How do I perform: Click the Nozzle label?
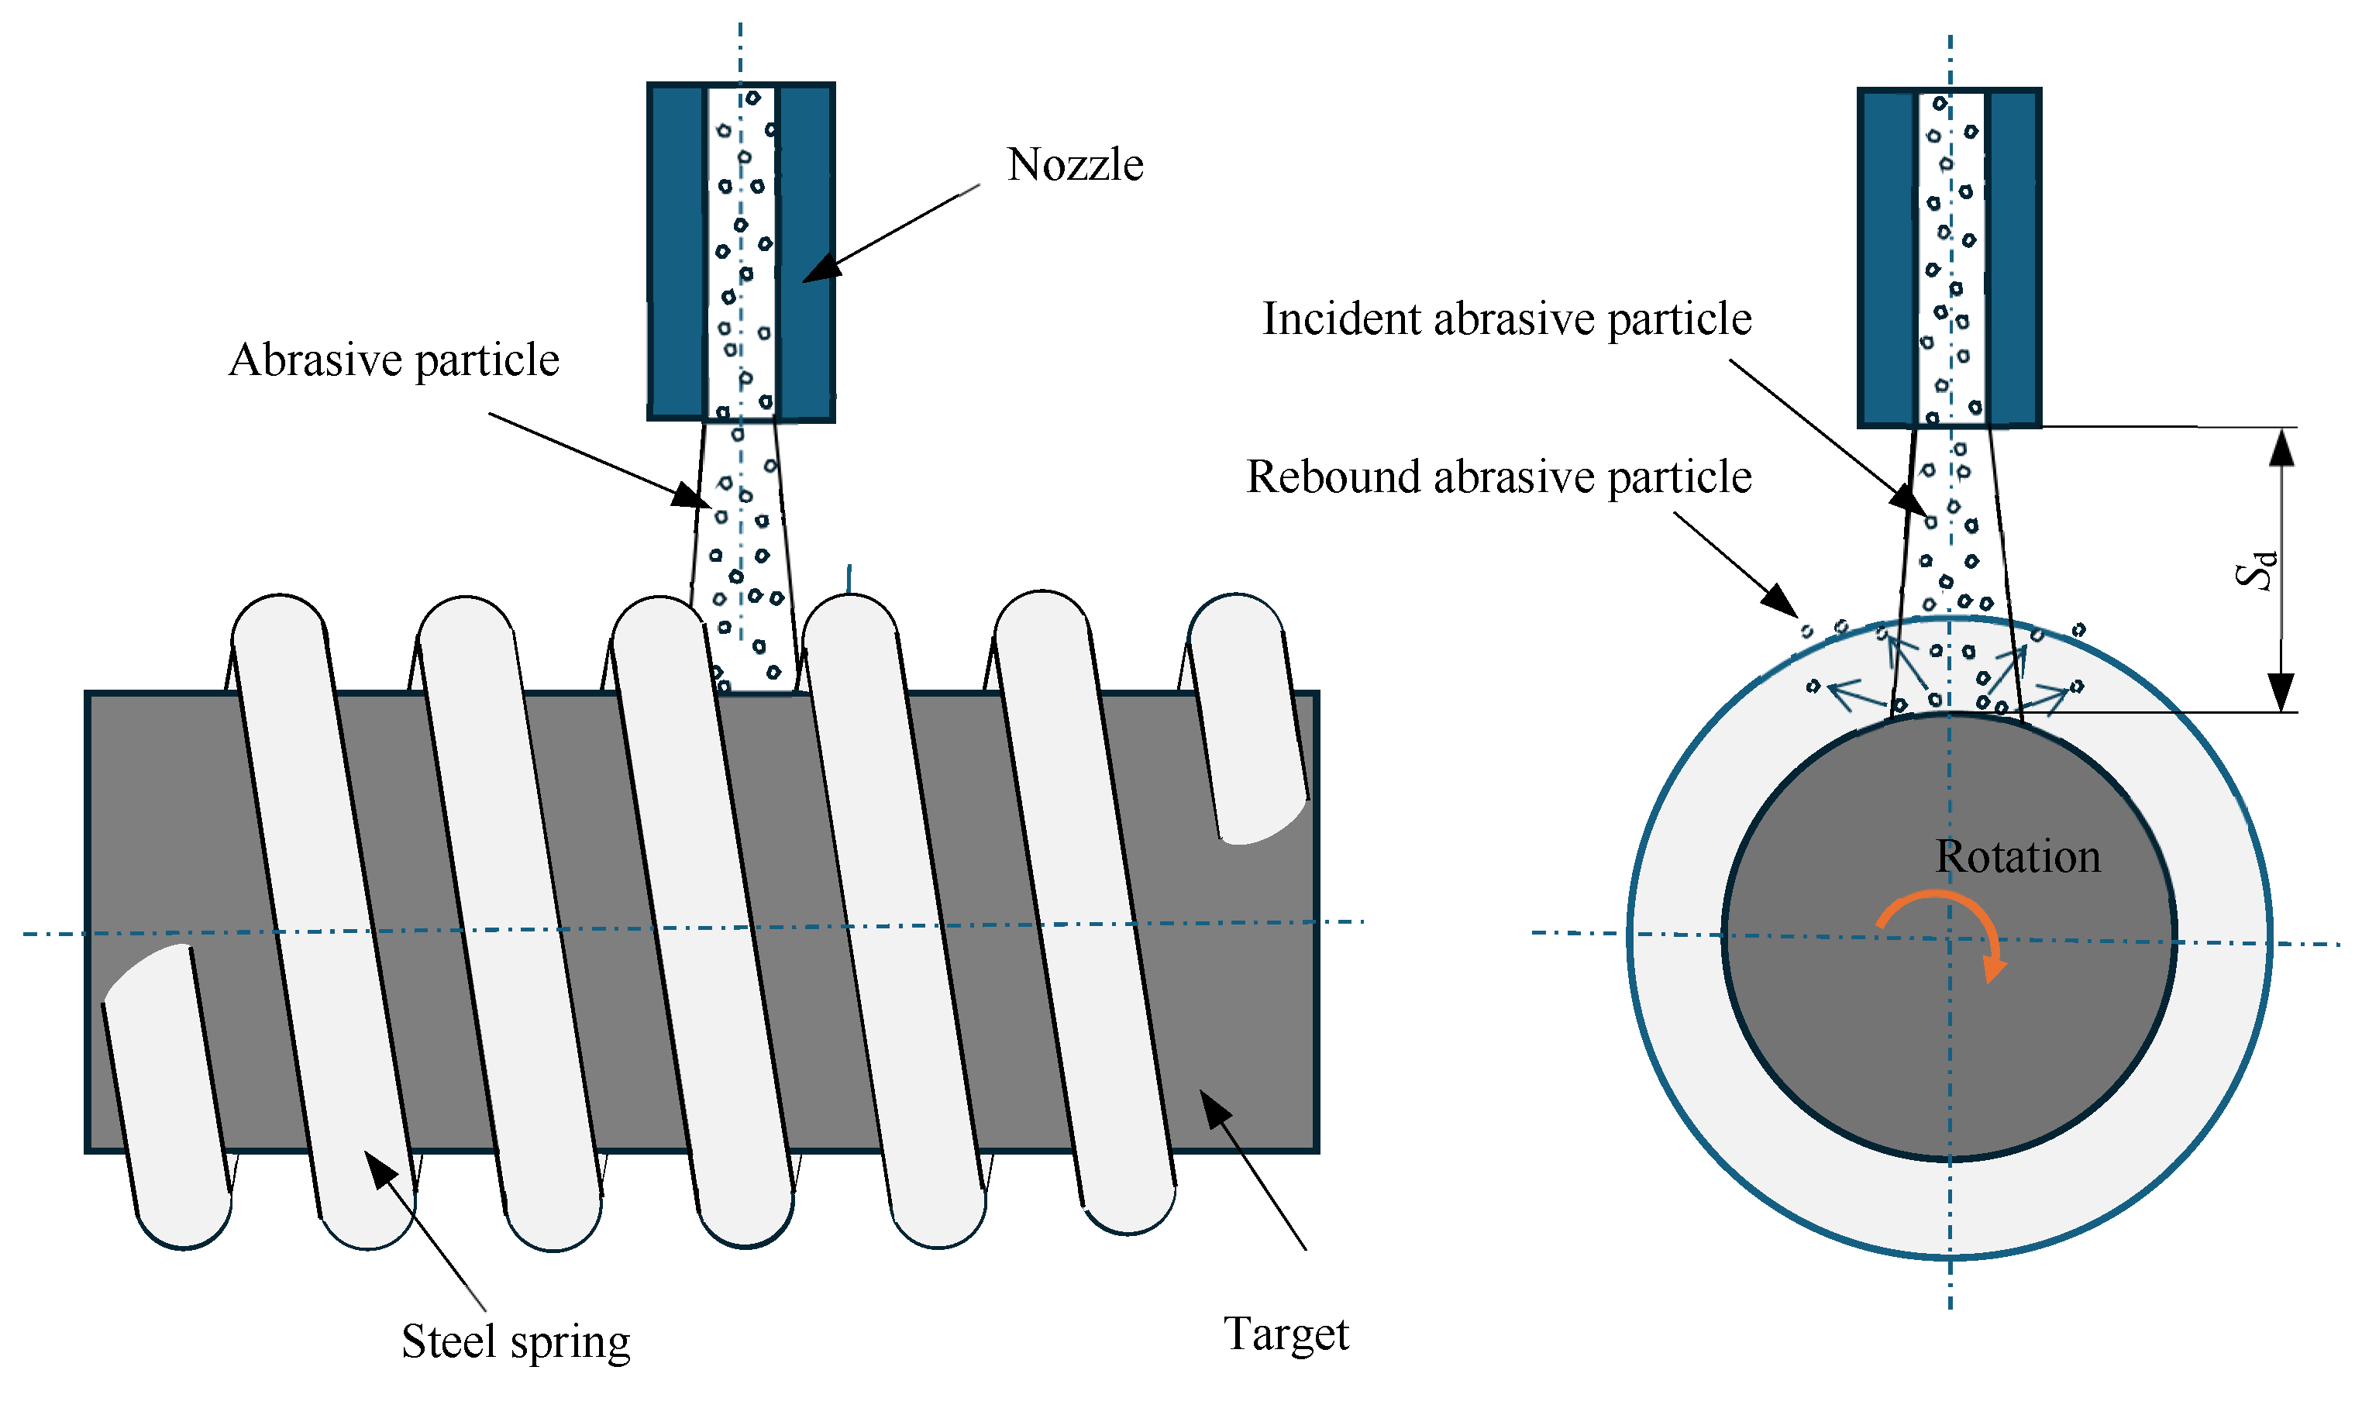[x=1075, y=165]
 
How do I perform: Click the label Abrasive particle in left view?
[x=394, y=360]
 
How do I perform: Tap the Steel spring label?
[x=515, y=1341]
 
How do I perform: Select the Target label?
[x=1286, y=1333]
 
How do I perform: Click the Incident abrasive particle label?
[x=1506, y=318]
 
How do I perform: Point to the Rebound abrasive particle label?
[x=1498, y=477]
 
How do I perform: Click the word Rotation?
[x=2017, y=856]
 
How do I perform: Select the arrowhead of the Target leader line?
[x=1213, y=1107]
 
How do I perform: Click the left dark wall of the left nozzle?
[x=676, y=252]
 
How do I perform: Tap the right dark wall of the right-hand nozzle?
[x=2013, y=257]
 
